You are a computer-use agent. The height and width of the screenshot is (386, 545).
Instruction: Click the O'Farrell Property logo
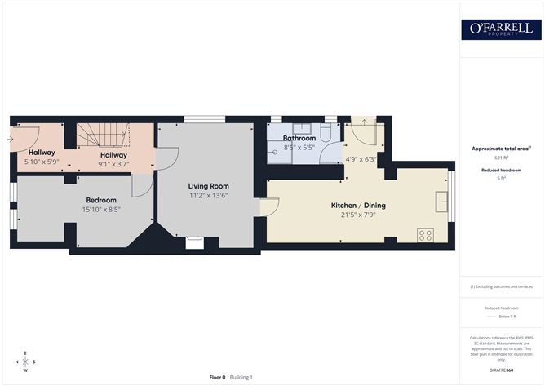click(501, 29)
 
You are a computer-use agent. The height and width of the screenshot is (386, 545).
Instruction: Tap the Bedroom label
click(102, 200)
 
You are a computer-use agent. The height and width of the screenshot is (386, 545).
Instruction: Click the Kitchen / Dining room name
click(358, 205)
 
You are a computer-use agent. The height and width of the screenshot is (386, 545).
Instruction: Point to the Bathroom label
click(299, 139)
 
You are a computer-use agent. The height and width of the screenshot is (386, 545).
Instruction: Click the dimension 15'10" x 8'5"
click(102, 209)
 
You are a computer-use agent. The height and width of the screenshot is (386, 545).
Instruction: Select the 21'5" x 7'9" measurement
click(358, 215)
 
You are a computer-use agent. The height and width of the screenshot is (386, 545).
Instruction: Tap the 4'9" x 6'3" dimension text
click(361, 159)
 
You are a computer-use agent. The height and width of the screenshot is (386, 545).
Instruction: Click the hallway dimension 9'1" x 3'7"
click(113, 164)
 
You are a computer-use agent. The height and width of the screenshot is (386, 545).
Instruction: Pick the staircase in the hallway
click(104, 135)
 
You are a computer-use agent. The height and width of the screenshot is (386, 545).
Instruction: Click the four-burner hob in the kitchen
click(425, 235)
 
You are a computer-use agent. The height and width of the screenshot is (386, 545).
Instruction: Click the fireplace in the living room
click(194, 242)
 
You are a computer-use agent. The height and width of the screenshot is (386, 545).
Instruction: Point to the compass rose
click(26, 362)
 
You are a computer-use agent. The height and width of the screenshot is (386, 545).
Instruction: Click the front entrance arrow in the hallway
click(9, 140)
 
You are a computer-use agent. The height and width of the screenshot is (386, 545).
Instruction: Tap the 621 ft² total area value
click(501, 157)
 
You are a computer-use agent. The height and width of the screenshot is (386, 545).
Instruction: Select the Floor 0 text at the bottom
click(217, 377)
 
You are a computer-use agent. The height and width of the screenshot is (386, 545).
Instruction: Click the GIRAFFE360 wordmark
click(501, 370)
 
